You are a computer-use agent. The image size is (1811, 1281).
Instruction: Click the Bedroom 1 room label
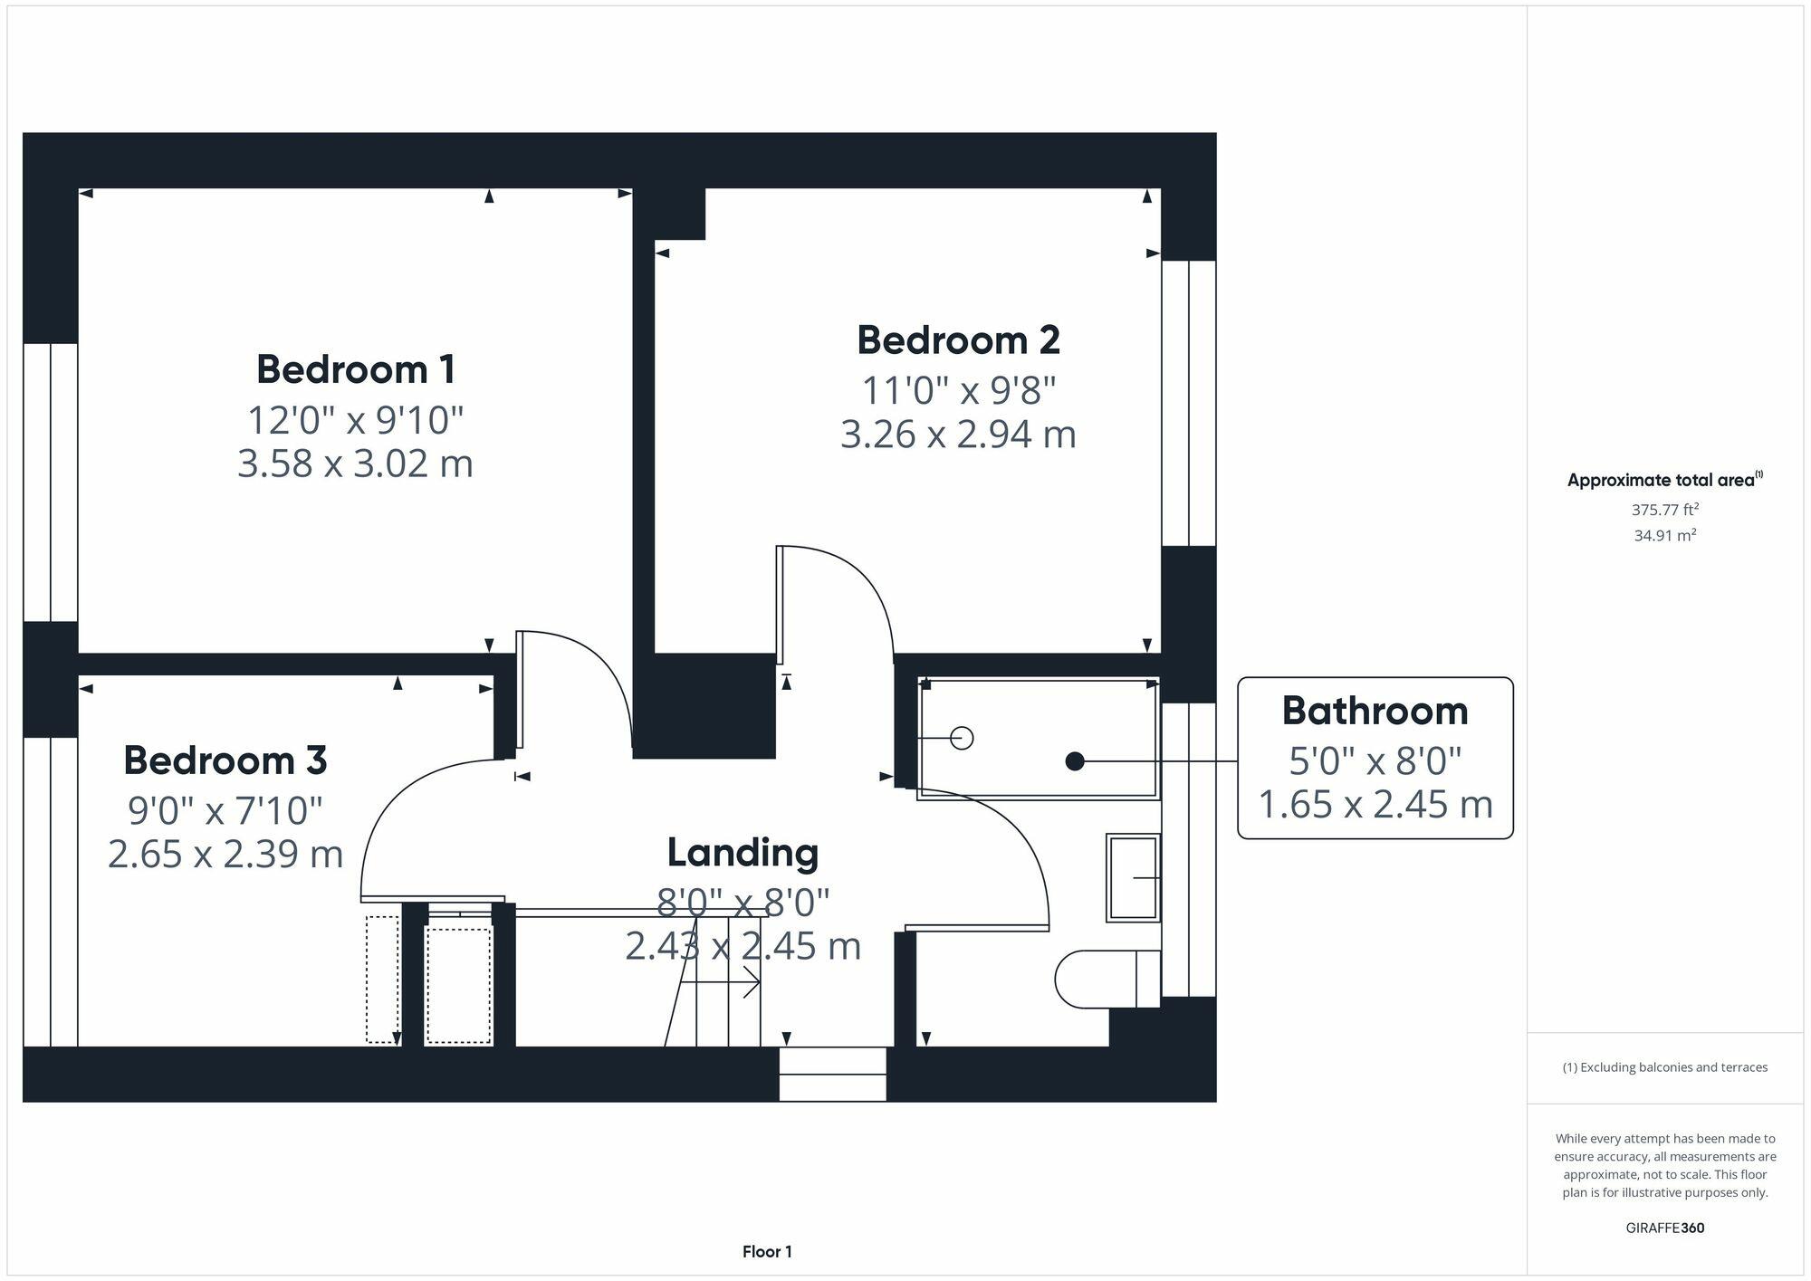tap(356, 369)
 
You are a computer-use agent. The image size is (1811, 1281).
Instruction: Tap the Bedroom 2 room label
tap(958, 340)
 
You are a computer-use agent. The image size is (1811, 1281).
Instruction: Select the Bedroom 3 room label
tap(225, 760)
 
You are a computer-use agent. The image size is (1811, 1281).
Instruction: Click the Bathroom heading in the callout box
tap(1375, 711)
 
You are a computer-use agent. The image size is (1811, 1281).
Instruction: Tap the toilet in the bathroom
tap(1107, 979)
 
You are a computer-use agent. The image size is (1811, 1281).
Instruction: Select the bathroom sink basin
tap(1133, 877)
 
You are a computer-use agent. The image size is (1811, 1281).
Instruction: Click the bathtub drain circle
tap(963, 739)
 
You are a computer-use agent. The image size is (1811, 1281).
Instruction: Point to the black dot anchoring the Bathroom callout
tap(1075, 761)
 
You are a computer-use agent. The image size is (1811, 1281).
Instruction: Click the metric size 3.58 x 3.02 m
tap(355, 464)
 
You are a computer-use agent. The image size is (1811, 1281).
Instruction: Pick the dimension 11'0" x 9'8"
tap(958, 391)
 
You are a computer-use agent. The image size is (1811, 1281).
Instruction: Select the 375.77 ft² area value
tap(1664, 510)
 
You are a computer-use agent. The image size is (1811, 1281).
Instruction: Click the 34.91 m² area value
tap(1664, 535)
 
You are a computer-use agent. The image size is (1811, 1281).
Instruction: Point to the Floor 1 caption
tap(767, 1252)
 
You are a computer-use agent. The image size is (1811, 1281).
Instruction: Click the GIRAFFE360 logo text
tap(1665, 1228)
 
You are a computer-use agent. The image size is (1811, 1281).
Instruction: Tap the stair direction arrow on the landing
tap(720, 982)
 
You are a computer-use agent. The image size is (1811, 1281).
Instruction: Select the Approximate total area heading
tap(1664, 480)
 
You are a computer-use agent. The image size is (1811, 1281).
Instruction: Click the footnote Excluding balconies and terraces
tap(1665, 1067)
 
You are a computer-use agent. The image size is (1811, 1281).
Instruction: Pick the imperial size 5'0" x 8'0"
tap(1375, 761)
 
